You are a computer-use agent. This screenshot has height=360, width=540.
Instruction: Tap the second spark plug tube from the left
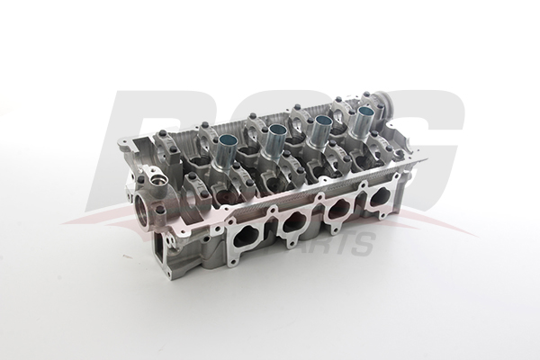point(274,135)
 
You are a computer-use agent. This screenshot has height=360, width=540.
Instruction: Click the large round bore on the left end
point(145,214)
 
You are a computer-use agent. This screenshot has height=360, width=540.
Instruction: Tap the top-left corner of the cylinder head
point(121,142)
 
